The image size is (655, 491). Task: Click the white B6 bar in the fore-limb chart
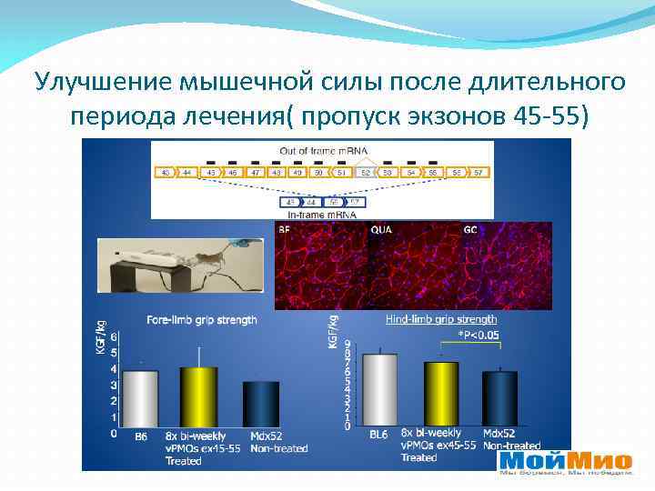(x=140, y=397)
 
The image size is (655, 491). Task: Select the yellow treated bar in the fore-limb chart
(x=198, y=396)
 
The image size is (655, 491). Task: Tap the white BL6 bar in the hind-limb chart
(x=379, y=390)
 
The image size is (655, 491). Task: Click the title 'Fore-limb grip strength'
(x=202, y=320)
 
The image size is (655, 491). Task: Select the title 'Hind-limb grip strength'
(x=441, y=319)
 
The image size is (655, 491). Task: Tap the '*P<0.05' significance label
(x=477, y=335)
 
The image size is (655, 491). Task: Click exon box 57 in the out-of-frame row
(x=477, y=172)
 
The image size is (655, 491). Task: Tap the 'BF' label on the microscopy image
(x=286, y=231)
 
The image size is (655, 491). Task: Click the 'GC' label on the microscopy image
(x=470, y=231)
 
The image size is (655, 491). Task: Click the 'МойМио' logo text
(x=564, y=459)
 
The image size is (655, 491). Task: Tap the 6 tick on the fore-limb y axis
(x=114, y=336)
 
